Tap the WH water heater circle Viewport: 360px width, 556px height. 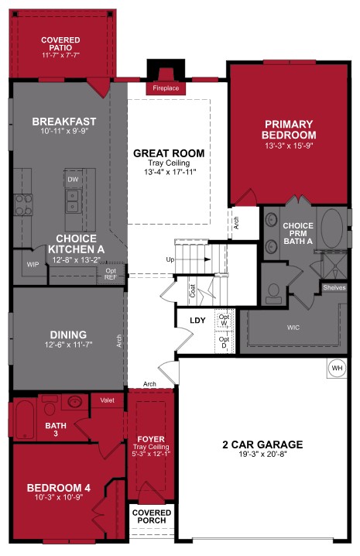click(337, 369)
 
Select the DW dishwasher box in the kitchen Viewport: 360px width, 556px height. click(74, 179)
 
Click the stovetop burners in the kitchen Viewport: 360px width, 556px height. click(23, 204)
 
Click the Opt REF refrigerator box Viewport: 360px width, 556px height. click(111, 274)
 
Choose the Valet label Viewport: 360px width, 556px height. click(107, 400)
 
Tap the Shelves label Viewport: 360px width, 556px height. click(334, 287)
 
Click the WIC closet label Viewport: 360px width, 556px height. click(293, 328)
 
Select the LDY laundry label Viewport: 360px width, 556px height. click(197, 320)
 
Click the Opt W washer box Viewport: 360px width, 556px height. click(224, 320)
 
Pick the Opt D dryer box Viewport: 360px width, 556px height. click(224, 340)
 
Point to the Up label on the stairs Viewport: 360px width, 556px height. click(170, 259)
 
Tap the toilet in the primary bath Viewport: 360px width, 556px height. click(273, 293)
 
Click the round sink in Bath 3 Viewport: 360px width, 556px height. click(75, 402)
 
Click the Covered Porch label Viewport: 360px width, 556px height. click(152, 517)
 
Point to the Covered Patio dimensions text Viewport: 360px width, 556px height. click(61, 56)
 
